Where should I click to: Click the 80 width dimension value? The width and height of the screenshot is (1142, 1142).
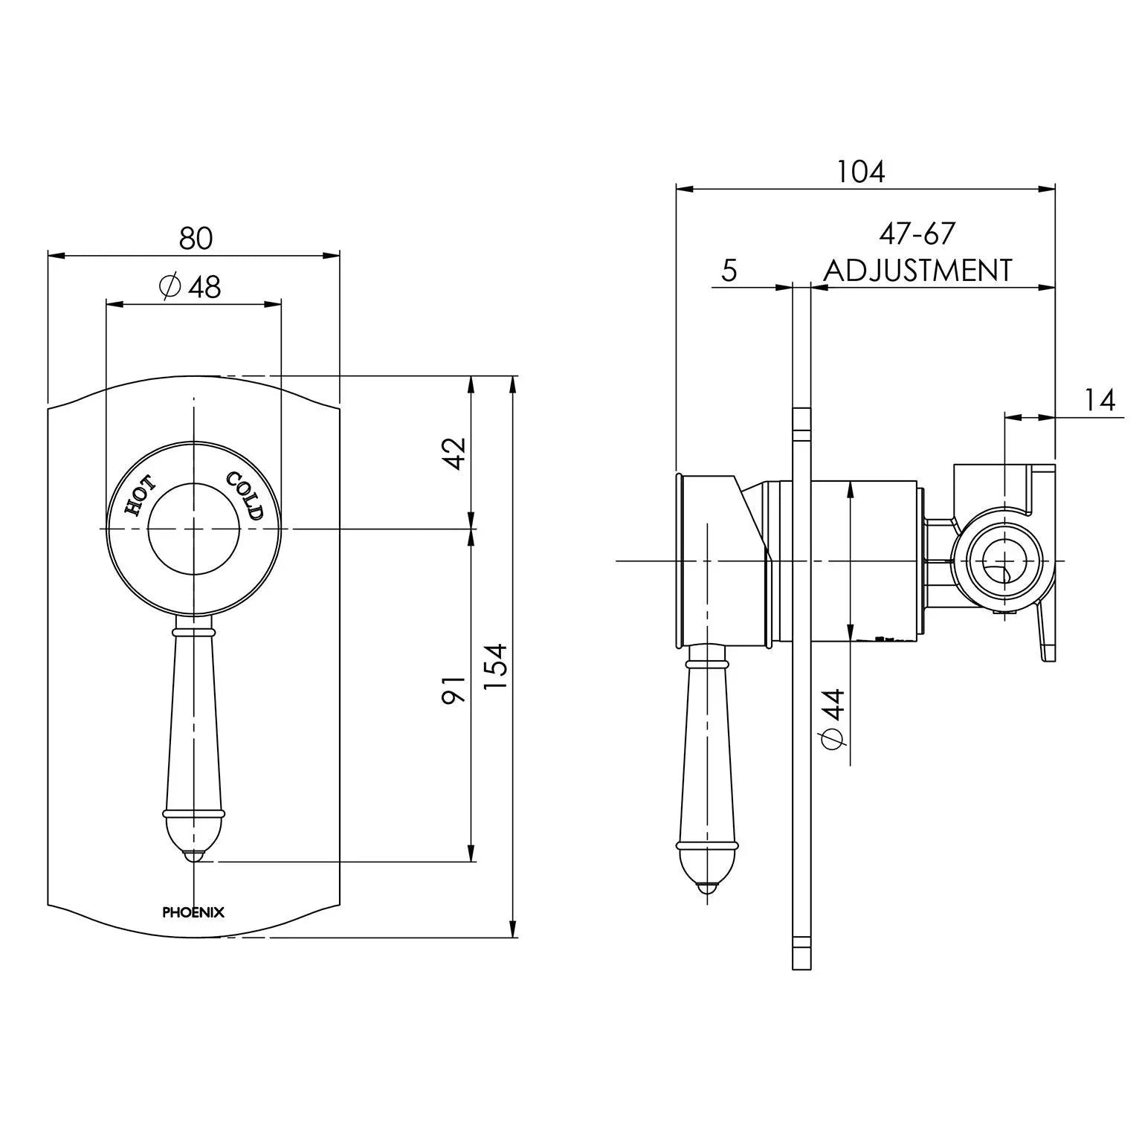[196, 239]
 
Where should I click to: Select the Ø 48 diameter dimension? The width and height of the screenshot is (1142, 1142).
[192, 286]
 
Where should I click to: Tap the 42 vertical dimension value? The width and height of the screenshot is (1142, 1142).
[454, 454]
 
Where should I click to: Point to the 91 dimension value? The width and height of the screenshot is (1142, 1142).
[454, 689]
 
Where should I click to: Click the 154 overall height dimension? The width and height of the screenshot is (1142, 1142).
[495, 667]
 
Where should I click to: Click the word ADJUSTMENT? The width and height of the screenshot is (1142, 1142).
[917, 270]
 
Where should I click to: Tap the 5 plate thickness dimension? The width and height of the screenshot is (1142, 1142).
[729, 271]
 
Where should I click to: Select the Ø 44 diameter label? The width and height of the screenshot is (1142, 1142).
[835, 718]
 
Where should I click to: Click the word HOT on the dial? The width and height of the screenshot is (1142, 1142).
[140, 497]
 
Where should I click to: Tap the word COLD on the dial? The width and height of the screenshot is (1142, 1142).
[246, 496]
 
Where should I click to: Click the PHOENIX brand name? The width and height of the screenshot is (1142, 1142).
[193, 912]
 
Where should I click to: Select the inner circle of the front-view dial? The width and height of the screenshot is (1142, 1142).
[193, 529]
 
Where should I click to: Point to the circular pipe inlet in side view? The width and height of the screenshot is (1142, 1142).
[1004, 560]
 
